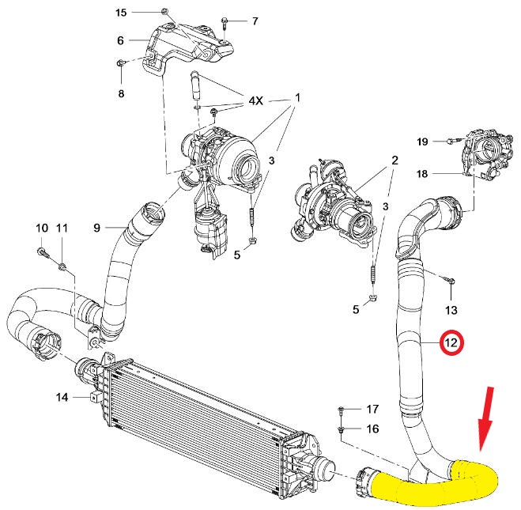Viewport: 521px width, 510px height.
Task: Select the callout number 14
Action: click(62, 397)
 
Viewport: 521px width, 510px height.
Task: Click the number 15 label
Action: click(121, 13)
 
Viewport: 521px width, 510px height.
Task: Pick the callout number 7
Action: click(120, 40)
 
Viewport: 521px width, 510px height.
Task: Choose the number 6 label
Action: click(255, 21)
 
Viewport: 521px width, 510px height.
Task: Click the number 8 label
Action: click(121, 94)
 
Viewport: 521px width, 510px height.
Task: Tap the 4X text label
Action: click(256, 101)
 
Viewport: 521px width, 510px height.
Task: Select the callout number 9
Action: click(42, 229)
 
